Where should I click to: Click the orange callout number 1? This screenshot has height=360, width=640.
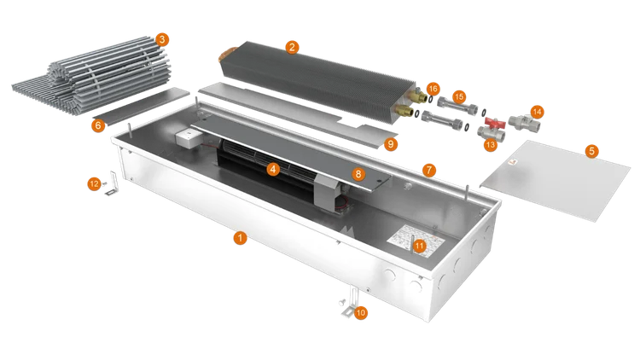point(240,237)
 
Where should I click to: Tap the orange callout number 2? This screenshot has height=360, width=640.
point(292,48)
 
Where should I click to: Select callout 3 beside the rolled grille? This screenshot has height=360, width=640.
point(162,39)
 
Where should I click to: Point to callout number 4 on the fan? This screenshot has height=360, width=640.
point(273,169)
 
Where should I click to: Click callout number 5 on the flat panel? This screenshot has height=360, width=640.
point(591,151)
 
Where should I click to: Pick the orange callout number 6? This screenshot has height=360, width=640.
point(98,125)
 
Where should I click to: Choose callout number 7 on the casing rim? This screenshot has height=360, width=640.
point(428,170)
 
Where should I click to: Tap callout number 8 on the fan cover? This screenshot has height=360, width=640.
point(358,174)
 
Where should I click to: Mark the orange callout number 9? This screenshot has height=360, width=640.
point(391,144)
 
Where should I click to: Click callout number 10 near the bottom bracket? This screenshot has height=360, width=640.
point(360,313)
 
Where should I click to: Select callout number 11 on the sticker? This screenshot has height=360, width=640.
point(419,246)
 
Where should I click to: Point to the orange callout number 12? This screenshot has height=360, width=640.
point(94,184)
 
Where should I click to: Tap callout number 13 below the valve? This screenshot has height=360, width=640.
point(490,144)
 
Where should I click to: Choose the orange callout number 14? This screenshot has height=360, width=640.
point(537,112)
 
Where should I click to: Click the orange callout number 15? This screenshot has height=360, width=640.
point(459,96)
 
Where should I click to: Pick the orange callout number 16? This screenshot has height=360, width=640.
point(433,89)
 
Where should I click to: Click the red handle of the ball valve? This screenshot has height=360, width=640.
point(495,123)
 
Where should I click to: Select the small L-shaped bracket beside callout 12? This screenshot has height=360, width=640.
point(112,183)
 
